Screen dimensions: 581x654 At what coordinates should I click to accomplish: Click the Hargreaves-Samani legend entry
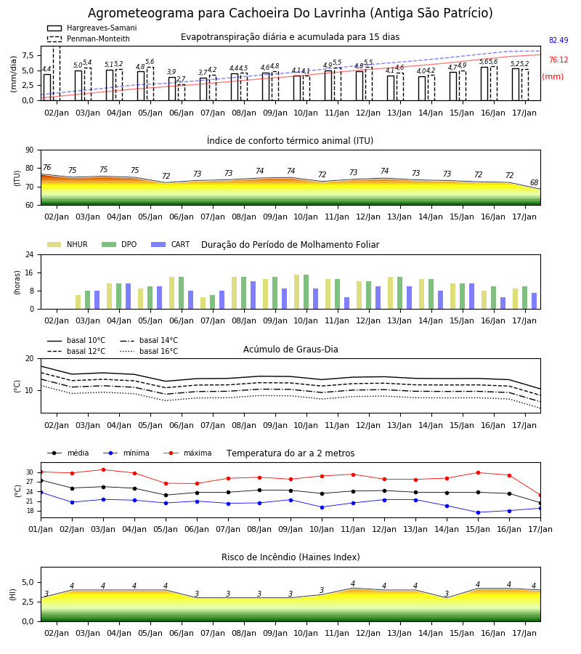[92, 28]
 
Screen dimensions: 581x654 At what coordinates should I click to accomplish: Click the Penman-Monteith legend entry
[89, 39]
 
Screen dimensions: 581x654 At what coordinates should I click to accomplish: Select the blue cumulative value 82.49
[558, 40]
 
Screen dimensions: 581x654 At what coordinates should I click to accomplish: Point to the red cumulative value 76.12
[558, 60]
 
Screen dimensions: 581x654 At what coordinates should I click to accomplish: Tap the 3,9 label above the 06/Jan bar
[171, 72]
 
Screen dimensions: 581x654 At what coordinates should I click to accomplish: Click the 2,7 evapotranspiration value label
[181, 78]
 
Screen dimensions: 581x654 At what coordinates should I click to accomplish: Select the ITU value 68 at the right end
[534, 182]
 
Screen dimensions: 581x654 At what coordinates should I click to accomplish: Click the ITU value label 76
[47, 167]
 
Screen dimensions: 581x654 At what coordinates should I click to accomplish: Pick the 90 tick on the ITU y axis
[30, 150]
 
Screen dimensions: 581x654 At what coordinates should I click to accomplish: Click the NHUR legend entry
[68, 244]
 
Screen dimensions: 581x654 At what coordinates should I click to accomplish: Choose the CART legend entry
[171, 244]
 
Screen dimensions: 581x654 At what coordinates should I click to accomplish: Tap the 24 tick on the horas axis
[30, 254]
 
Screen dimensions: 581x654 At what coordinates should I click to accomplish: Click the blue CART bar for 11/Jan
[346, 303]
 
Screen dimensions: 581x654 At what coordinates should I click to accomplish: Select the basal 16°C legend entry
[149, 351]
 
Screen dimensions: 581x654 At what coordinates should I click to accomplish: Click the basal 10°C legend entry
[76, 340]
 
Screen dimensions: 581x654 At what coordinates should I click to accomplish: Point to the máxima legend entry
[187, 453]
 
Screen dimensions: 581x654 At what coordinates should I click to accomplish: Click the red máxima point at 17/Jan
[540, 495]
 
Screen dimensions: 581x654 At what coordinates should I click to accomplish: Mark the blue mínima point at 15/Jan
[478, 512]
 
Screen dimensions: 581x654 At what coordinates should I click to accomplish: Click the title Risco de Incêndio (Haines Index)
[290, 557]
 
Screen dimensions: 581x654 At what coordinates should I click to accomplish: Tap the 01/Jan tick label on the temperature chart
[41, 529]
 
